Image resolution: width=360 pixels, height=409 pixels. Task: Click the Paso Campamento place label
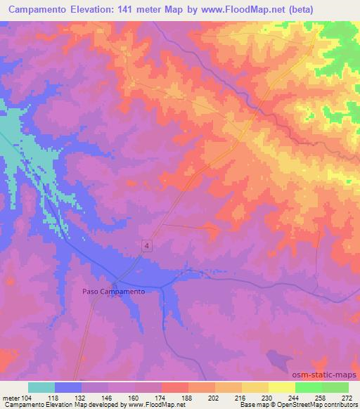(113, 291)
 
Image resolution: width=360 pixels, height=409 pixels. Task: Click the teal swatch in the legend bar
(41, 387)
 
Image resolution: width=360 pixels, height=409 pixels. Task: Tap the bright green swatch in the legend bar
(308, 387)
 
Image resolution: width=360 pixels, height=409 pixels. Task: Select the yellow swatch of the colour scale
(255, 387)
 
